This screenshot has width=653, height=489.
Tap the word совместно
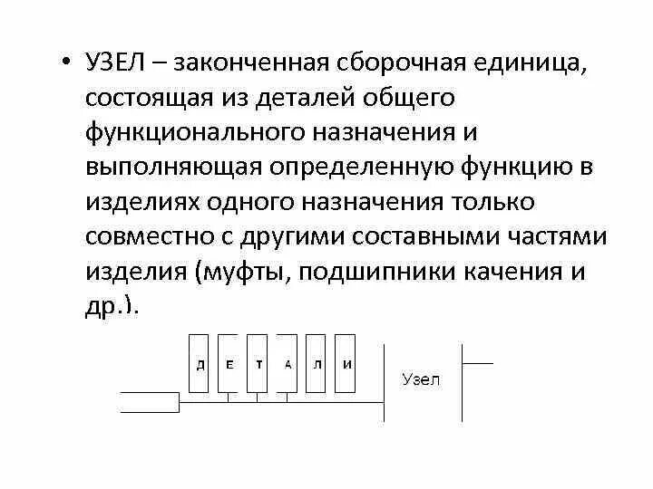158,235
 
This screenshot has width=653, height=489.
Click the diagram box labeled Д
200,364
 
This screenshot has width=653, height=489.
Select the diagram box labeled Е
229,364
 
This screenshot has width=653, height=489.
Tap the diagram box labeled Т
259,364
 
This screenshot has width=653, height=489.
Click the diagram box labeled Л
317,364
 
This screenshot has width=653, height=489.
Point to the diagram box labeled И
346,364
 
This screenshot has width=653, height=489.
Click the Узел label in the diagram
421,380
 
